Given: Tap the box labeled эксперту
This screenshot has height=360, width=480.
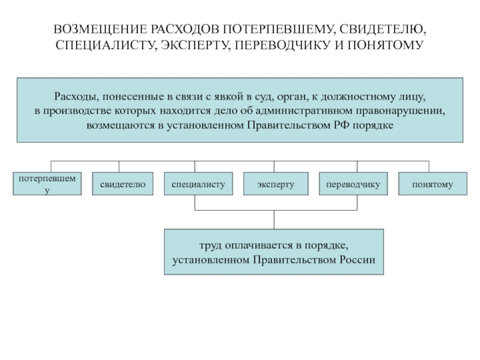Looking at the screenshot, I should pyautogui.click(x=275, y=184).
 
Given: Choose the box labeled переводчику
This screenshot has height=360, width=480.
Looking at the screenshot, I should pyautogui.click(x=353, y=184).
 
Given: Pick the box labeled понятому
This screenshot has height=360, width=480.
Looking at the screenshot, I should pyautogui.click(x=432, y=184).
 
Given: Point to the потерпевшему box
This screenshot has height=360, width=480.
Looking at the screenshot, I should pyautogui.click(x=48, y=184).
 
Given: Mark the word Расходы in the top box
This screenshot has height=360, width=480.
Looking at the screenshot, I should pyautogui.click(x=74, y=96).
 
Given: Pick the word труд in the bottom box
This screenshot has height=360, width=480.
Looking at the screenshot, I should pyautogui.click(x=210, y=246).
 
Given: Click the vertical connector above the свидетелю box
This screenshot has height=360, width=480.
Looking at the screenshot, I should pyautogui.click(x=119, y=167).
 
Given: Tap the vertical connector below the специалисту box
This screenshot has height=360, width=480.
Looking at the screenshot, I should pyautogui.click(x=195, y=202).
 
